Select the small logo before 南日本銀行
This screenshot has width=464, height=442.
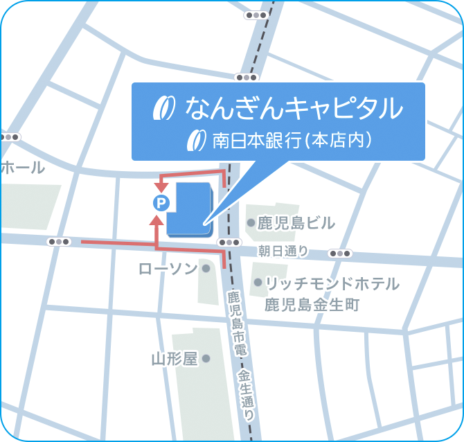pos(197,140)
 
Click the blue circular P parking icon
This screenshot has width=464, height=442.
pos(161,203)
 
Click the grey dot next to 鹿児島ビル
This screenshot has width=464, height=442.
pos(251,222)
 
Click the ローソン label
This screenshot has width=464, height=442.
pos(168,269)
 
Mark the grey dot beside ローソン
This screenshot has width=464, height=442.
pos(206,269)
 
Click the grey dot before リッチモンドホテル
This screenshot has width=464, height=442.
pos(258,283)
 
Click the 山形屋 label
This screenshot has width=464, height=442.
pos(175,359)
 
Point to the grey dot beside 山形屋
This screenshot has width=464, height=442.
pos(206,359)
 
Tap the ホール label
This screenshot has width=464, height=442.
pos(22,168)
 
